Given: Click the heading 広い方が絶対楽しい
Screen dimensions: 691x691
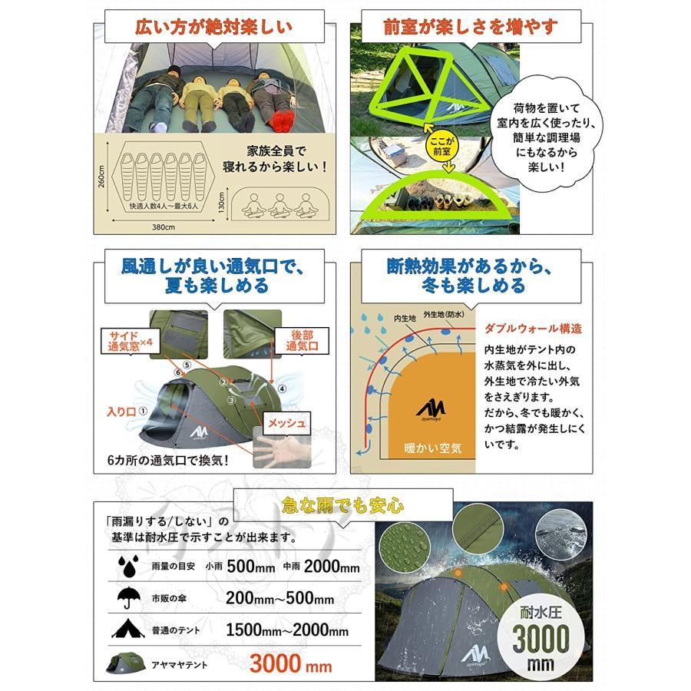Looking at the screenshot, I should [x=213, y=28].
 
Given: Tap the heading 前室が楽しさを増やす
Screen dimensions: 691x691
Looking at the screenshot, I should [x=471, y=28].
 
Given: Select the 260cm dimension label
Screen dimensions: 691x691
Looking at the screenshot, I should [x=101, y=182].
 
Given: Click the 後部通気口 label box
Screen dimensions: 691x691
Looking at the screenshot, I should [x=302, y=341].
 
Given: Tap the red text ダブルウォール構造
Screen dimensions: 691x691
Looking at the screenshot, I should [x=533, y=328].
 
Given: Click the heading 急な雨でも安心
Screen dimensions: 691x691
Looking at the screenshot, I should [x=342, y=505].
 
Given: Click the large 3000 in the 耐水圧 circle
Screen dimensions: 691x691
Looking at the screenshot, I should [x=541, y=636].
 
